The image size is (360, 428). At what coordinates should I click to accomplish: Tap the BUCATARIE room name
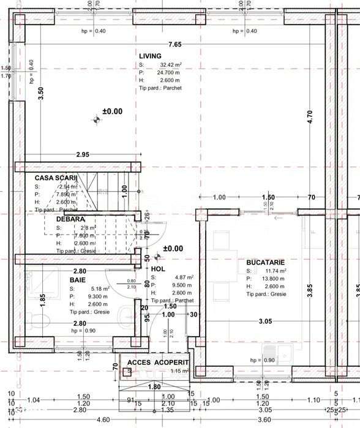click(266, 261)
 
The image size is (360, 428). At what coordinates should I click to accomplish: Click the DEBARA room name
click(70, 219)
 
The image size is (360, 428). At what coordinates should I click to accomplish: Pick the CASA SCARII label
click(56, 178)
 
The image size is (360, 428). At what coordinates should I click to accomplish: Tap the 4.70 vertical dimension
click(310, 118)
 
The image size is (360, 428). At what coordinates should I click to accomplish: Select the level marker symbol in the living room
click(96, 120)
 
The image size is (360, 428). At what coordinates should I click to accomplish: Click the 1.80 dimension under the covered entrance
click(154, 386)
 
